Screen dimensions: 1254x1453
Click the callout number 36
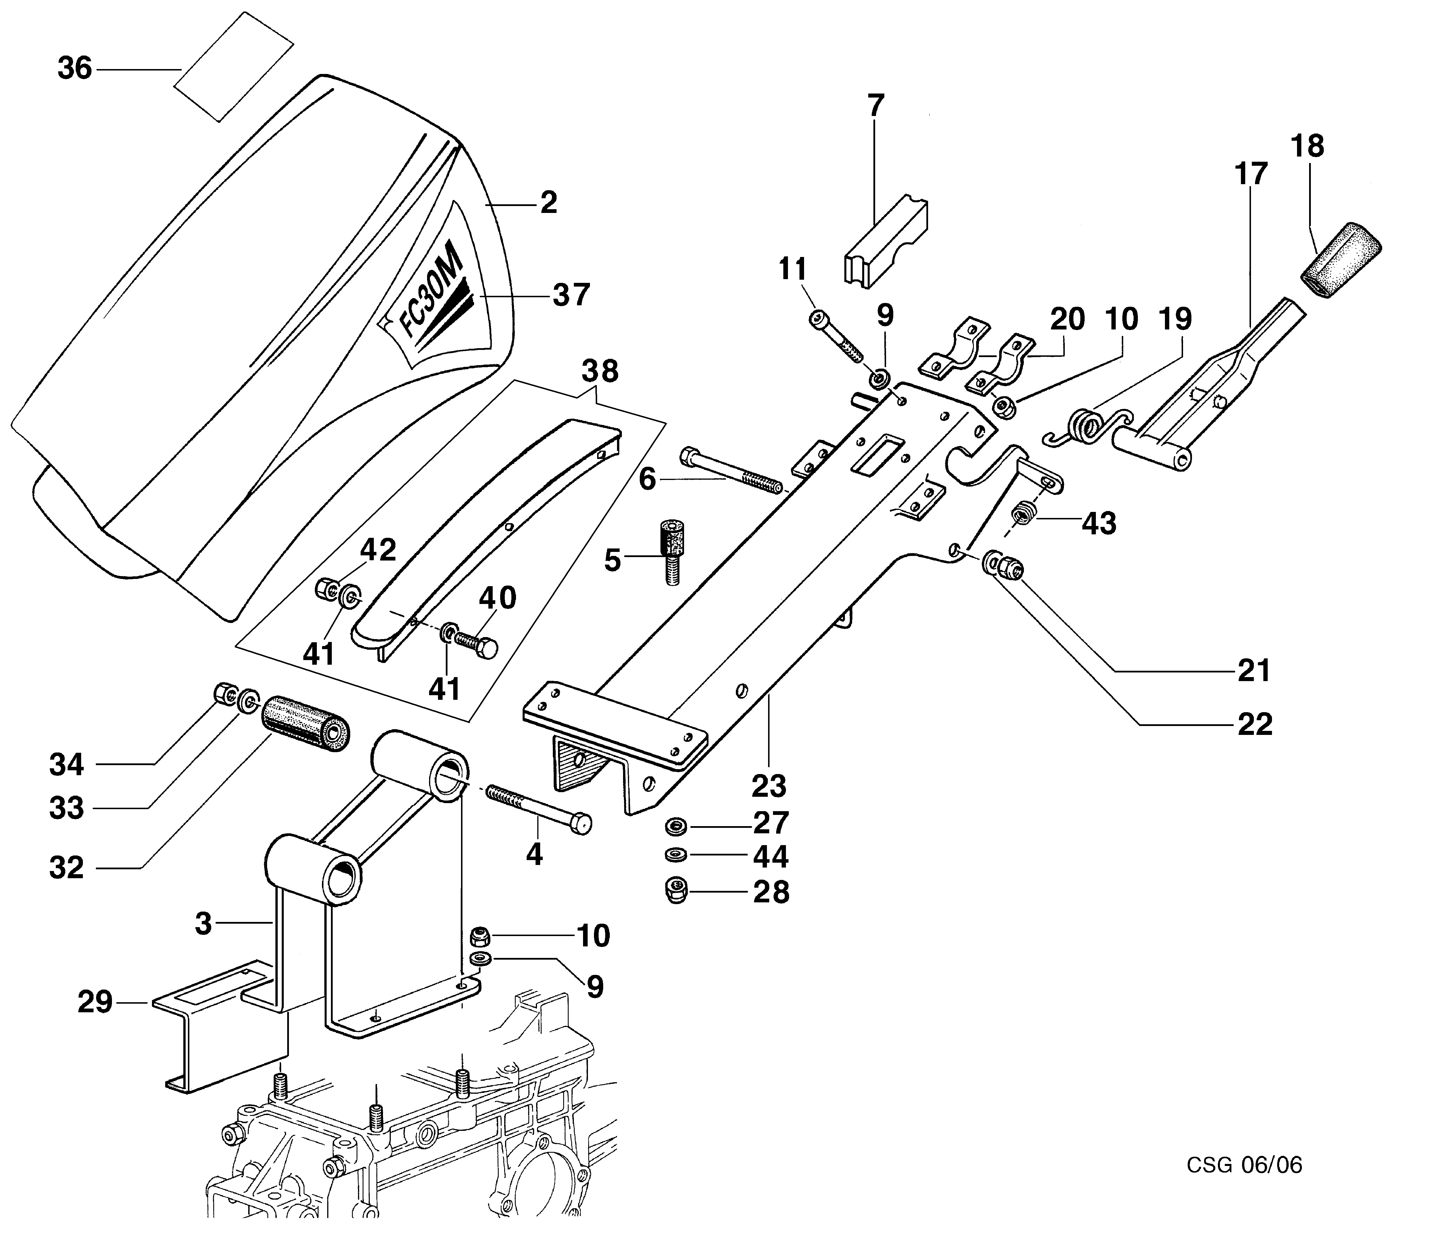(x=74, y=69)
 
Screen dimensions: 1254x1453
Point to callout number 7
(x=876, y=106)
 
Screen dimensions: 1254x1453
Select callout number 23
(x=769, y=786)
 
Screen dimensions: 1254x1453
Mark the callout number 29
(x=95, y=1002)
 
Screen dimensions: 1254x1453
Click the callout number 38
(x=600, y=372)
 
